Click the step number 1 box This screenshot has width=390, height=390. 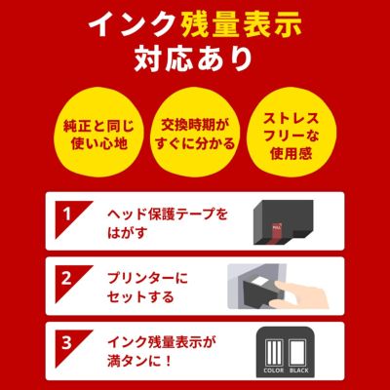click(x=67, y=212)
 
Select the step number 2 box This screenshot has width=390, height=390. click(x=67, y=277)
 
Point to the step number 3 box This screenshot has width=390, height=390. click(x=67, y=343)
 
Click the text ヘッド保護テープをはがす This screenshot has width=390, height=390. click(x=167, y=220)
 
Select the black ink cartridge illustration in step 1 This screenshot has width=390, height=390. click(x=283, y=223)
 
